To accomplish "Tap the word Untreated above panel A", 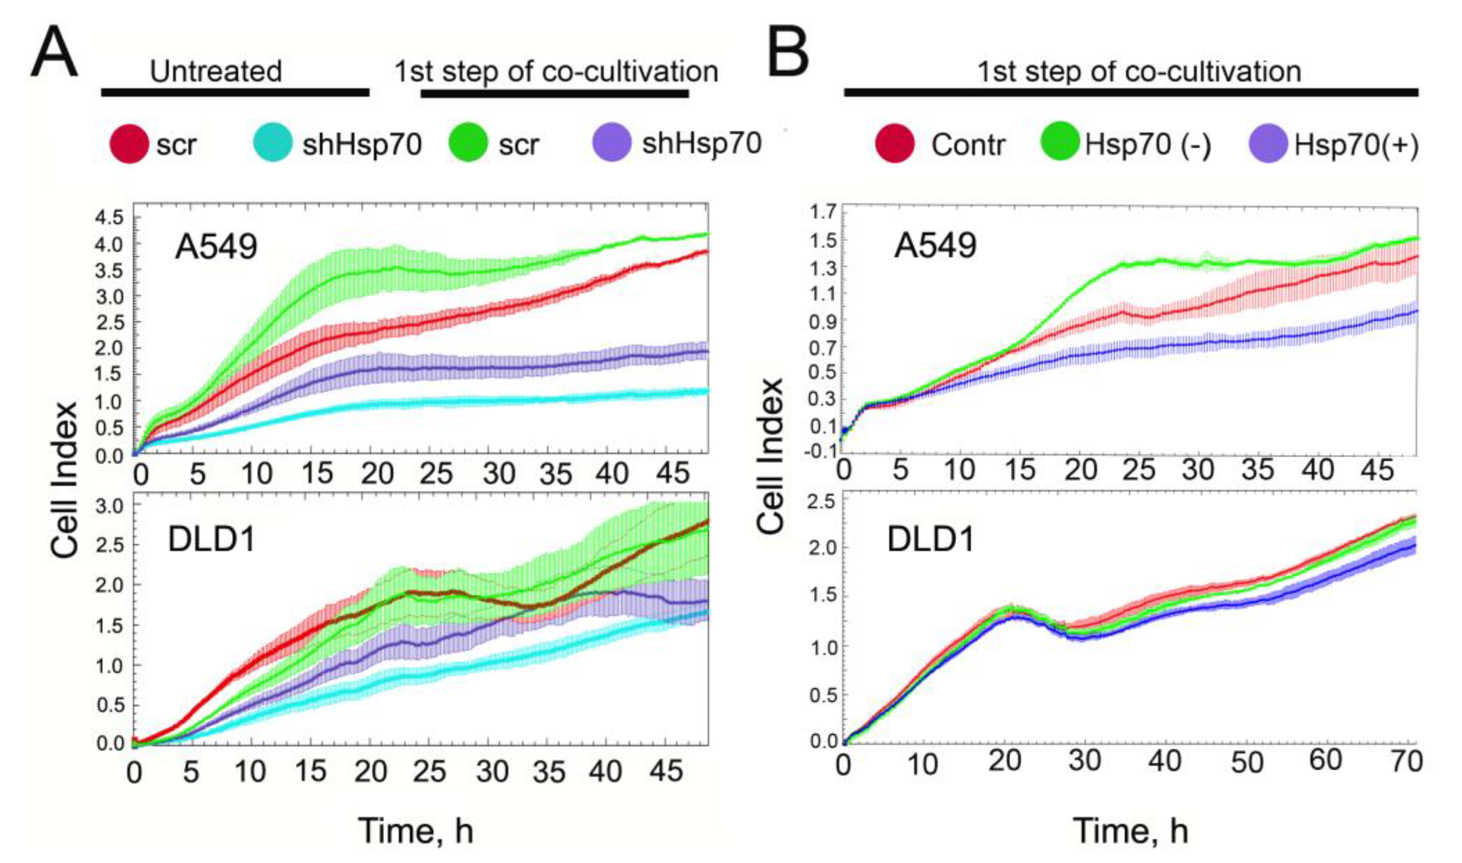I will coord(216,71).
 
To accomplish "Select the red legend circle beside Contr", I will coord(894,144).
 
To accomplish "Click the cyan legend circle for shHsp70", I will coord(273,144).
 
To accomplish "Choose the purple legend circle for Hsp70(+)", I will coord(1268,144).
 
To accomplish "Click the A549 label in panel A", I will coord(216,248).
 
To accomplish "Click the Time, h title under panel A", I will coord(416,830).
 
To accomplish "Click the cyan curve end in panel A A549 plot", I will coord(707,391).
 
